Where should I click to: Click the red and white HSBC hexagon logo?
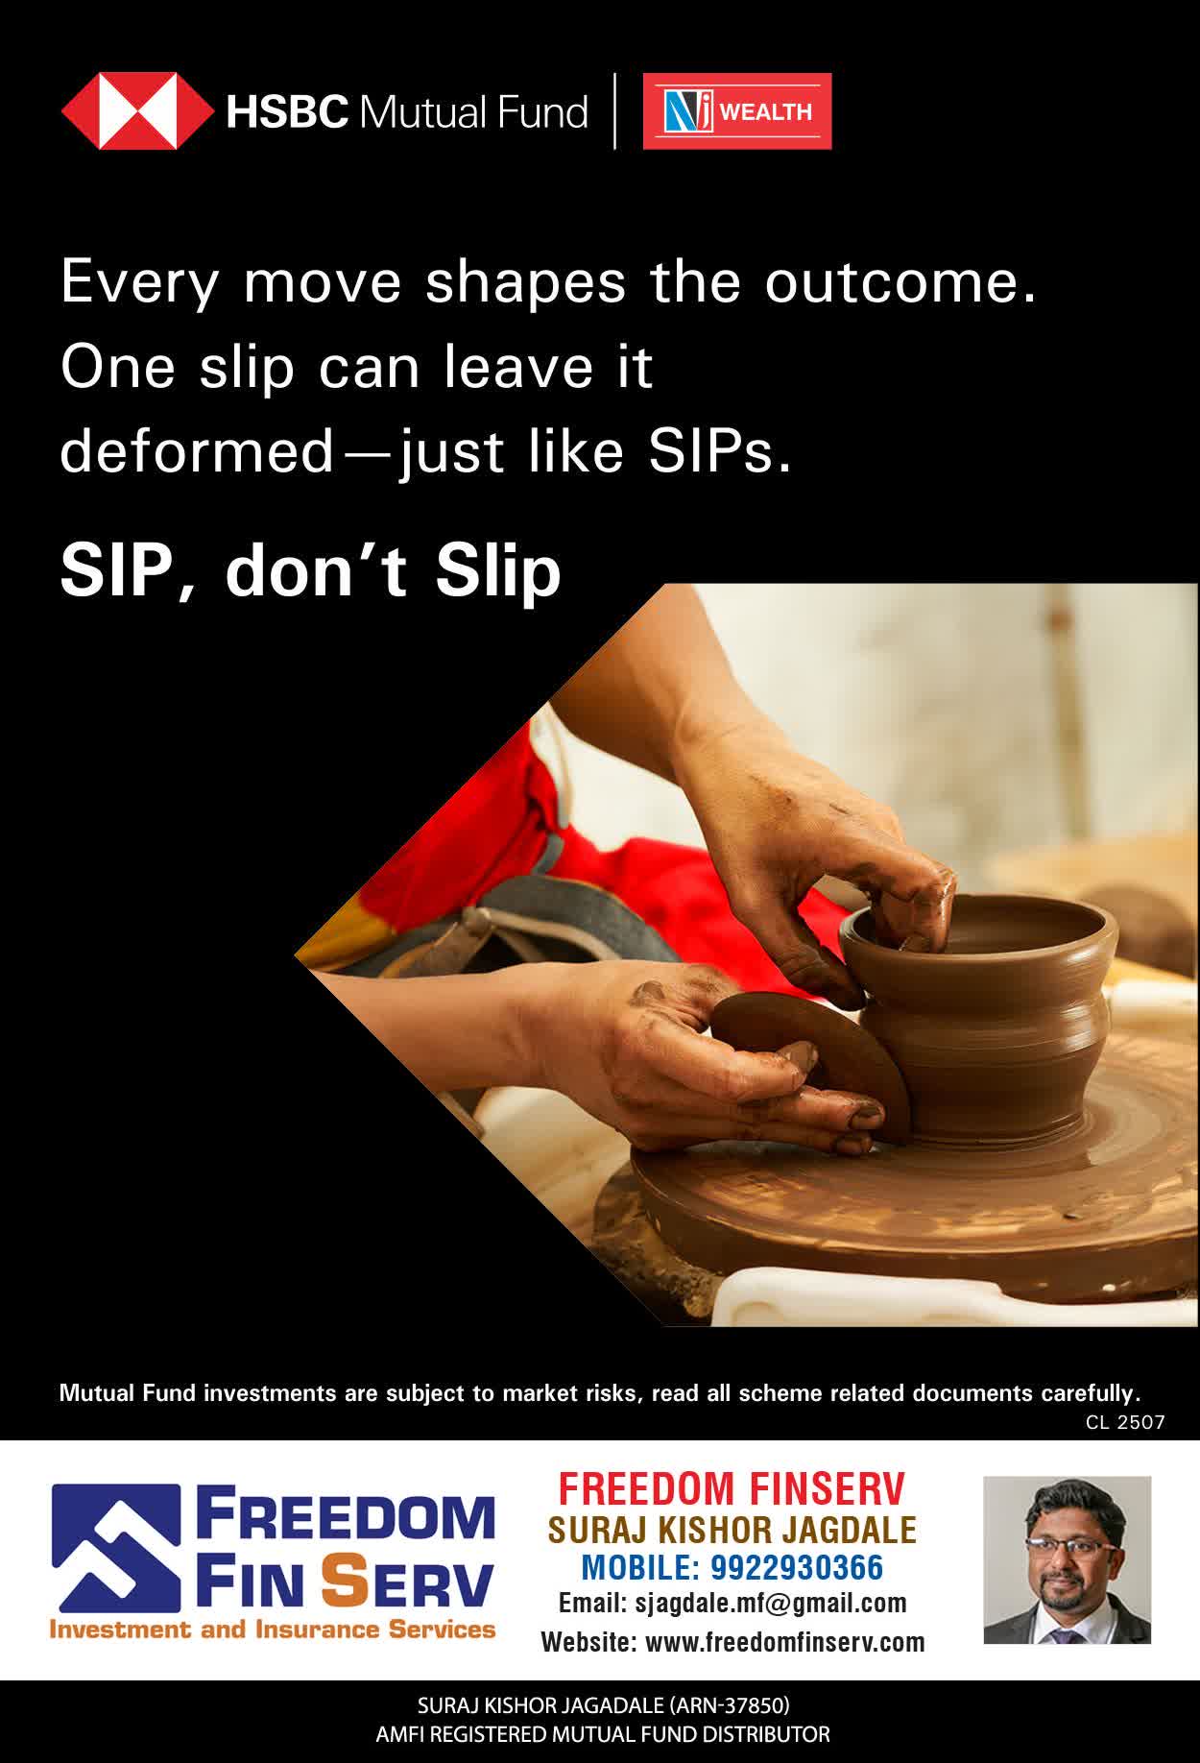pyautogui.click(x=136, y=111)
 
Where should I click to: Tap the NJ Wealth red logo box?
pyautogui.click(x=737, y=111)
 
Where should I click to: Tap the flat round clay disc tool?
pyautogui.click(x=812, y=1062)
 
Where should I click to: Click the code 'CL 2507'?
pyautogui.click(x=1125, y=1422)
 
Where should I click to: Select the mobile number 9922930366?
pyautogui.click(x=796, y=1567)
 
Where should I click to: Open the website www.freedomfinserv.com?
pyautogui.click(x=785, y=1642)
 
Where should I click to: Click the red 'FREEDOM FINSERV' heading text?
pyautogui.click(x=732, y=1489)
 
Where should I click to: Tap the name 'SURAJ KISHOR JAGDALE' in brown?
pyautogui.click(x=732, y=1529)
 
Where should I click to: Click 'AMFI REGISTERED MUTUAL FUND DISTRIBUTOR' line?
pyautogui.click(x=603, y=1734)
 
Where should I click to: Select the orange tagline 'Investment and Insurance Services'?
pyautogui.click(x=273, y=1630)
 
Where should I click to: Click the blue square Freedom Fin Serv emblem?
pyautogui.click(x=116, y=1548)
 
